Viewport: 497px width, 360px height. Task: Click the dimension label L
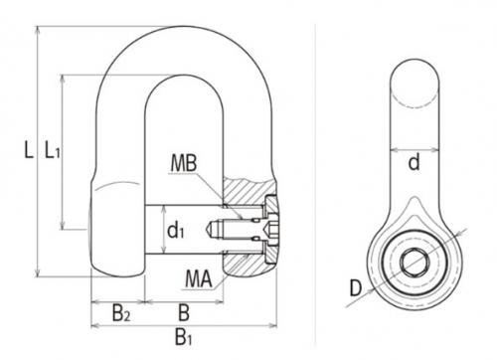tap(29, 150)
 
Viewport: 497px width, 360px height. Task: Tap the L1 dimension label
tap(53, 150)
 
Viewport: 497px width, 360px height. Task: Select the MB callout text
tap(184, 163)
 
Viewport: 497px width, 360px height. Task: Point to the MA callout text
tap(199, 278)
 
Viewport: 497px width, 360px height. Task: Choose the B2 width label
tap(120, 313)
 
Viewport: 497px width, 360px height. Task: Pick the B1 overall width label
tap(183, 338)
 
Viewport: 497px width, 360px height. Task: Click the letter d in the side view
tap(414, 162)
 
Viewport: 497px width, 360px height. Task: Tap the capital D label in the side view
tap(356, 288)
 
